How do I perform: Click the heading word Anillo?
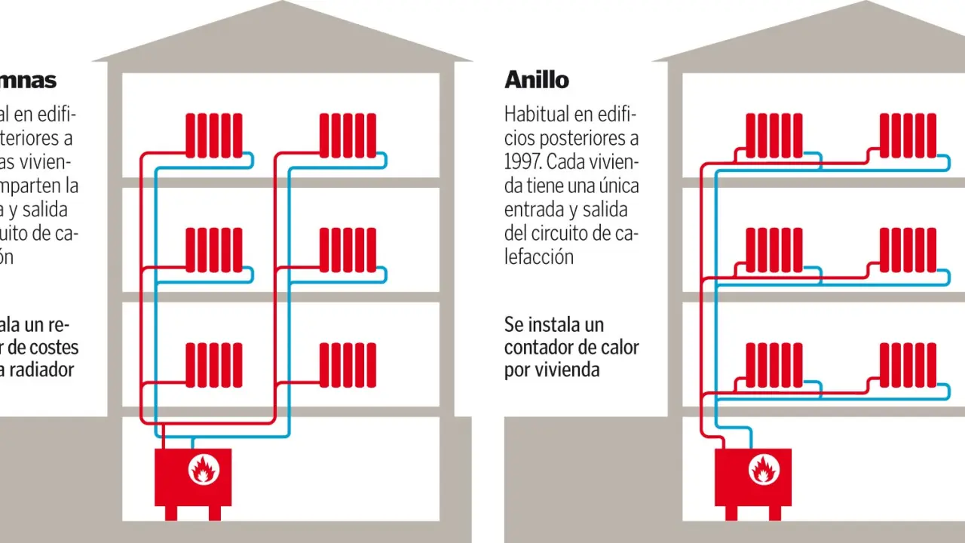pos(536,79)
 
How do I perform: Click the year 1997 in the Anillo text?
pos(522,162)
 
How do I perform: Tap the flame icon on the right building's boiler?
pos(763,471)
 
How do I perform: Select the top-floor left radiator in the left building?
pos(214,135)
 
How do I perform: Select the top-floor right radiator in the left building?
pos(348,135)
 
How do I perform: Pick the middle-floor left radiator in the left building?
pos(214,250)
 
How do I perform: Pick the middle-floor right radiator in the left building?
pos(348,250)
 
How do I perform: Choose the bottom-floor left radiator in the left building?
pos(214,365)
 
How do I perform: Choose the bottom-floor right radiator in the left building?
pos(348,365)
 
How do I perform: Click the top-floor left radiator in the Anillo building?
pos(774,135)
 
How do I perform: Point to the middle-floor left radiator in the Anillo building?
pos(774,250)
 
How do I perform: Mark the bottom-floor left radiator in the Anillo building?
pos(774,365)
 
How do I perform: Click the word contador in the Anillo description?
pos(544,348)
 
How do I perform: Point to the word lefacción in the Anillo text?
pos(538,256)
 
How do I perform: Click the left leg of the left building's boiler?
pos(171,513)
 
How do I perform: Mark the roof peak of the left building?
pos(283,4)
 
